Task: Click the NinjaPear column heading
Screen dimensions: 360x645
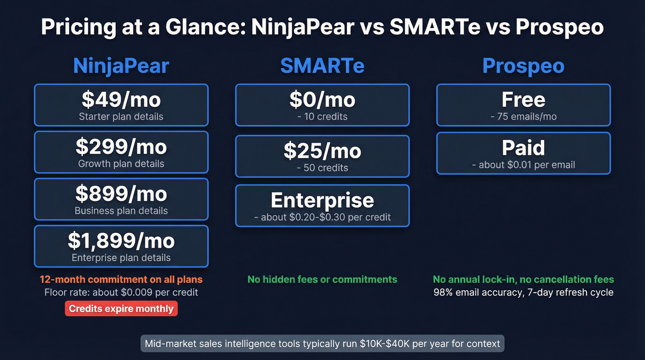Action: pos(121,66)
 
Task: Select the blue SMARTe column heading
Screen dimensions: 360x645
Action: pos(322,66)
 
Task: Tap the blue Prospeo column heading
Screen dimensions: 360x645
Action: pos(523,66)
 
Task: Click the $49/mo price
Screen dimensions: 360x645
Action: pos(121,99)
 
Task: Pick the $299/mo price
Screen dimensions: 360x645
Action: pos(121,147)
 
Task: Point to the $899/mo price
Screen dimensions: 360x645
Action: pos(121,194)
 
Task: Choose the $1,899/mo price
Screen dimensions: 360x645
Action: pos(121,241)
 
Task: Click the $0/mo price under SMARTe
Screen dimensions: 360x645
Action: pos(322,100)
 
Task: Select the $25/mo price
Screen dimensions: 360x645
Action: pos(322,151)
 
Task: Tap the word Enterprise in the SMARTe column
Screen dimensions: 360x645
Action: pos(322,200)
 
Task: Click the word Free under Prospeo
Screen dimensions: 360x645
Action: pos(523,100)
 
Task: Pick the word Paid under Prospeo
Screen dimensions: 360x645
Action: pos(523,148)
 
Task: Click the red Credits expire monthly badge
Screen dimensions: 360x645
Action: pos(121,309)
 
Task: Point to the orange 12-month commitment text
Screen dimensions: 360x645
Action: pos(121,279)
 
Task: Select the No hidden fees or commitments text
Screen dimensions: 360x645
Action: pos(322,279)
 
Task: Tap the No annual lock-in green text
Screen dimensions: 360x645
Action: pos(523,279)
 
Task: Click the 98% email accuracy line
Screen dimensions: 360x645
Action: pos(523,292)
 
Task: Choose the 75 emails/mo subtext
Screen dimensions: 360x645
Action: pos(523,117)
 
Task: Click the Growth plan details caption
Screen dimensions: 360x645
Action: pos(121,164)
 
